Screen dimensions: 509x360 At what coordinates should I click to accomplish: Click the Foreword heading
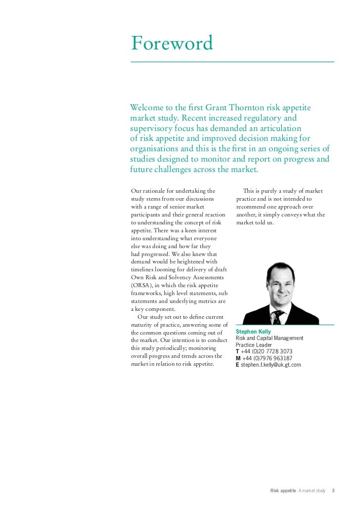(172, 44)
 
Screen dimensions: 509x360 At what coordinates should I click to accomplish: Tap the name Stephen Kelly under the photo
(253, 331)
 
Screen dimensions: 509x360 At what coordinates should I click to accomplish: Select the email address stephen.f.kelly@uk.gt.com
(270, 365)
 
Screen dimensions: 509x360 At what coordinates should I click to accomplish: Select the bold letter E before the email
(237, 365)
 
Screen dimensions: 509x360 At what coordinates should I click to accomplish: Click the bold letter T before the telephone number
(237, 351)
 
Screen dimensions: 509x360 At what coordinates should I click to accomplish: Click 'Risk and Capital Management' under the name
(270, 338)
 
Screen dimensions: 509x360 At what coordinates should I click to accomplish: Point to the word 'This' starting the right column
(250, 191)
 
